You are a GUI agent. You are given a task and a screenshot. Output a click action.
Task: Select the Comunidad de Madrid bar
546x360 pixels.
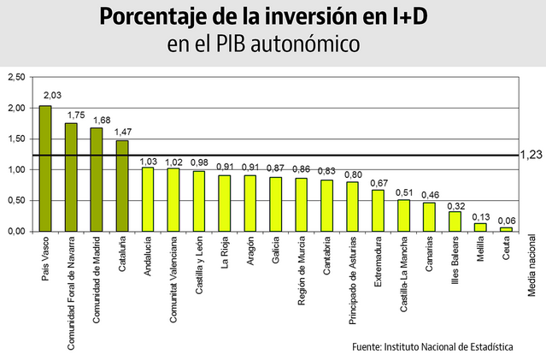97,180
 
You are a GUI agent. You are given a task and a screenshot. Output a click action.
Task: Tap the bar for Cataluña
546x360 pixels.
122,186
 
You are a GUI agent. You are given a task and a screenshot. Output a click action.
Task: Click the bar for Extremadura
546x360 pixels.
378,210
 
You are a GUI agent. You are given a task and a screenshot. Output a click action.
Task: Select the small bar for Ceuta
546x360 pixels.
506,229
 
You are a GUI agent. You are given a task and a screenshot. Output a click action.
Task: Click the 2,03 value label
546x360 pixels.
52,95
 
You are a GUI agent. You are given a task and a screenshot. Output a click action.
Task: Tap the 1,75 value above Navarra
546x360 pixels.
76,114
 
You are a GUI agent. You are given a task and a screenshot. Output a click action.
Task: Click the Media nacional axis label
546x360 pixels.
531,273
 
